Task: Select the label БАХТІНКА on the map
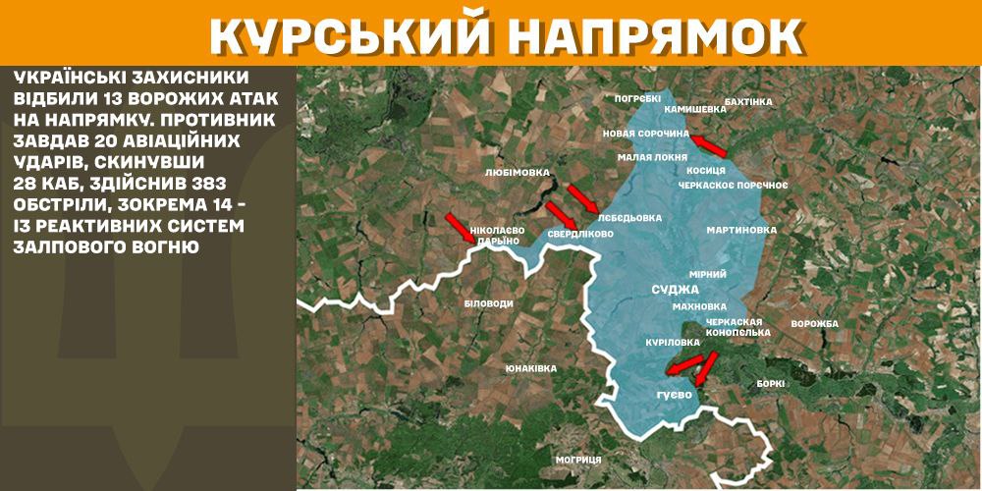(748, 101)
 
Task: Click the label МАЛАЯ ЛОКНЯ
(644, 157)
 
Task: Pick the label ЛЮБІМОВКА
(518, 172)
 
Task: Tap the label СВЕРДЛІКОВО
(580, 235)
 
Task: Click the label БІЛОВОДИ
(488, 303)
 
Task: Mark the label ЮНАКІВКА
(530, 368)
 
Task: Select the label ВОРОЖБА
(814, 324)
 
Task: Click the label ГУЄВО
(675, 395)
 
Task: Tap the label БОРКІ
(771, 384)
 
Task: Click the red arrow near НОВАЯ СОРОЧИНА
(708, 146)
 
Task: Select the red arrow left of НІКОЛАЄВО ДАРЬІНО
(460, 227)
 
